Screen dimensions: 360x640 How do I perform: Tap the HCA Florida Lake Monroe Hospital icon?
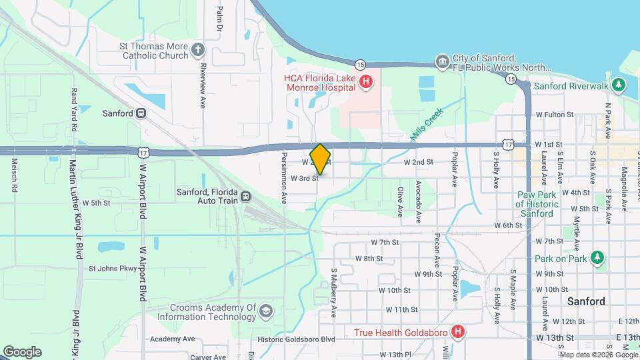365,83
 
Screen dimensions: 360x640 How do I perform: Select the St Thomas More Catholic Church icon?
198,49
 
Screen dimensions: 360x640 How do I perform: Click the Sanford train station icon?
141,113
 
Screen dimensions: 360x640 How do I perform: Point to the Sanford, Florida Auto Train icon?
246,197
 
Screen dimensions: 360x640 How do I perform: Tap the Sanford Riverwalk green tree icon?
619,85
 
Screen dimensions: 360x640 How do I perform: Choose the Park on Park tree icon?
598,257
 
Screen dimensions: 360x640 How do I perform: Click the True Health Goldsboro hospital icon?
457,331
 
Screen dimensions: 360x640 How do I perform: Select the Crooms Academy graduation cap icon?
265,311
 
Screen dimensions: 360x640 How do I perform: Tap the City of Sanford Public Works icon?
441,62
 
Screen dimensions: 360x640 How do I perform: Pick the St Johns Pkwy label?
113,269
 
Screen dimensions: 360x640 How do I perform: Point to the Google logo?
21,352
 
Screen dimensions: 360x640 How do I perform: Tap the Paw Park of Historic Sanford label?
536,204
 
